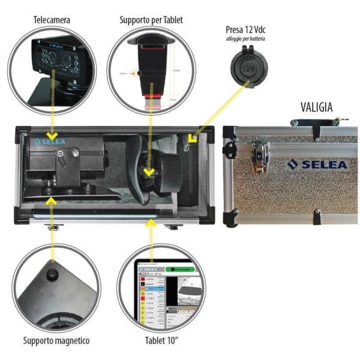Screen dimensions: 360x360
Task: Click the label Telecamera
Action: click(52, 20)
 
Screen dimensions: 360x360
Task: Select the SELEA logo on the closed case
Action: click(316, 164)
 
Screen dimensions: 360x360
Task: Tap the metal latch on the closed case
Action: click(259, 156)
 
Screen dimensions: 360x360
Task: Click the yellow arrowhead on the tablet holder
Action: click(149, 173)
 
